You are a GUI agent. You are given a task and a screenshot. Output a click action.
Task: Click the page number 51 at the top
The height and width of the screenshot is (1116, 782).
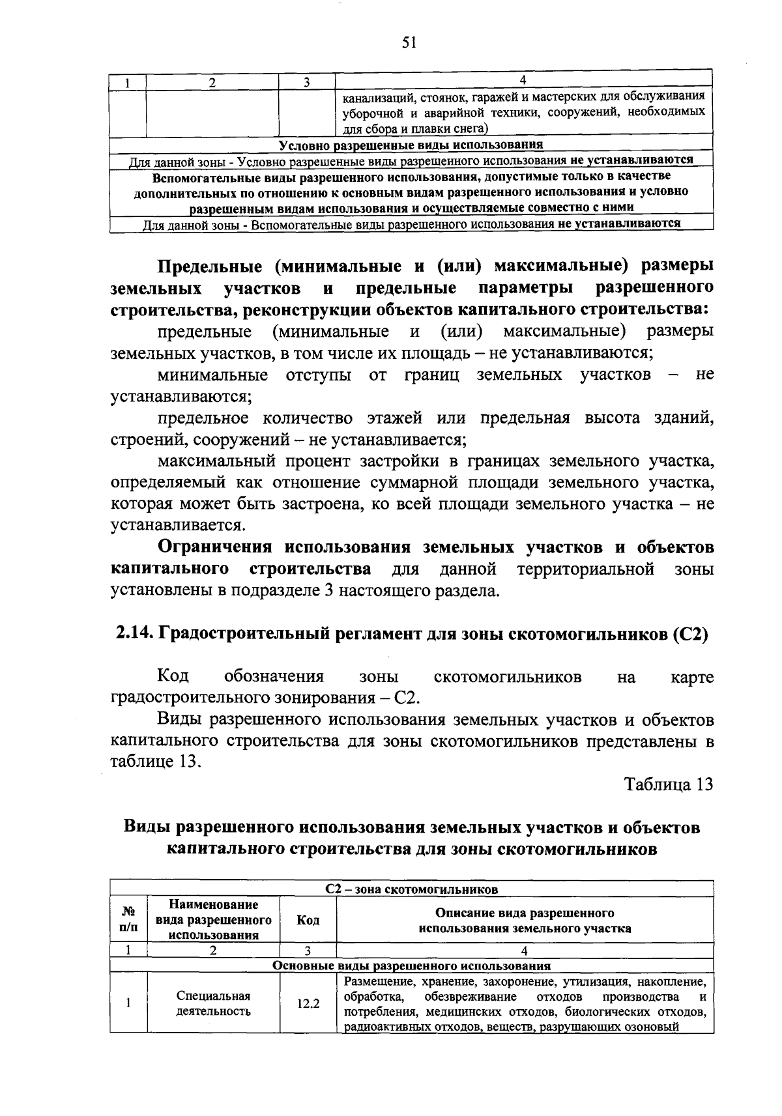tap(409, 43)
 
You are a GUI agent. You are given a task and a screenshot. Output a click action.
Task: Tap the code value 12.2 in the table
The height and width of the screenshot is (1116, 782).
tap(308, 1004)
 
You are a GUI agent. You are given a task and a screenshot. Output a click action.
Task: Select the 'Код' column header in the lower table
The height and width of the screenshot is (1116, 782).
tap(308, 919)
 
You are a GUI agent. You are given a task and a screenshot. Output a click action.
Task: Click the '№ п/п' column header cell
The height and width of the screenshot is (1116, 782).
tap(129, 919)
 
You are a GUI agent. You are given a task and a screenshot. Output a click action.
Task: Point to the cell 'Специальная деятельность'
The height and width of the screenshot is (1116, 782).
tap(214, 1004)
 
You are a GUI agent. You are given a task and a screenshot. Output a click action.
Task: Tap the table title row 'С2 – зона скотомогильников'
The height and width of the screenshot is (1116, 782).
tap(411, 889)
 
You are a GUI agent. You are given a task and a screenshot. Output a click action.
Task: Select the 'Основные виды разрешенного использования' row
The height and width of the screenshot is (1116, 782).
tap(411, 966)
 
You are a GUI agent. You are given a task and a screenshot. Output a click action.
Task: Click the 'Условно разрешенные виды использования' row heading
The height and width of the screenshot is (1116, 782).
tap(411, 145)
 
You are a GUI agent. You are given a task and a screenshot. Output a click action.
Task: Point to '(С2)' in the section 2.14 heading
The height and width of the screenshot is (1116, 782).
tap(689, 634)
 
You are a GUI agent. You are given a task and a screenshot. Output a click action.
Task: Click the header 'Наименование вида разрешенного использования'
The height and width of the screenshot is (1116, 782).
tap(214, 919)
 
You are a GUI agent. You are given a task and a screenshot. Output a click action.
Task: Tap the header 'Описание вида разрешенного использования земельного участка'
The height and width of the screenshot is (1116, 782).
tap(525, 920)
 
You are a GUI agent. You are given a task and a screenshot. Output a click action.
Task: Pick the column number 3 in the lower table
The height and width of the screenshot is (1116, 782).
tap(308, 951)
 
